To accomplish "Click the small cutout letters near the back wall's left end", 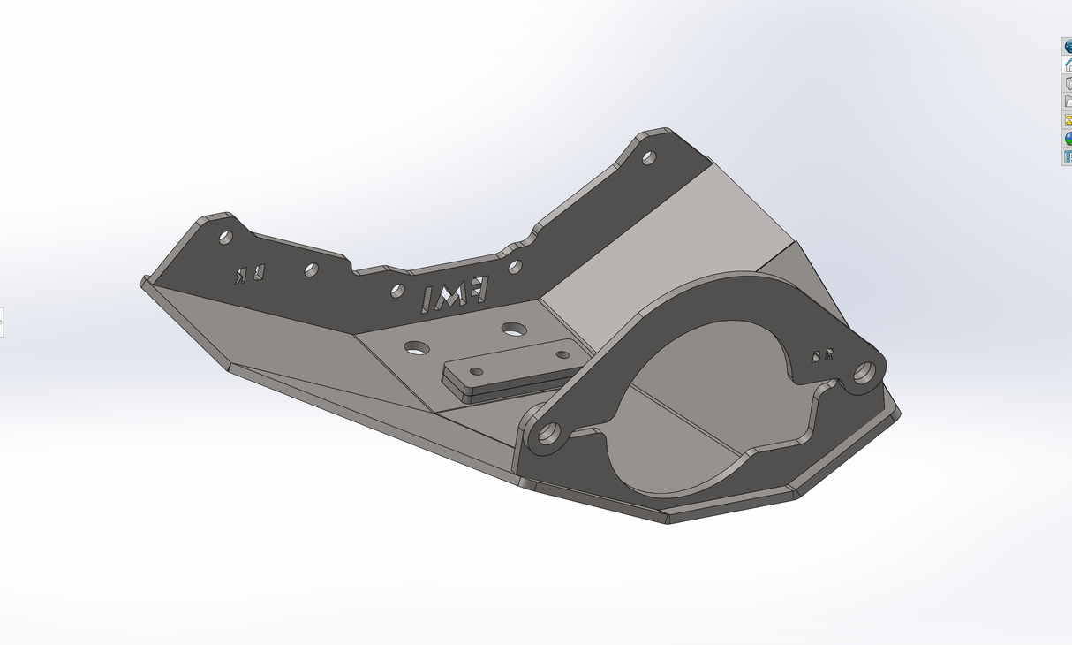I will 249,274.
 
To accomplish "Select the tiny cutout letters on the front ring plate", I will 822,356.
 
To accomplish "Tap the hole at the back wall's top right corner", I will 648,158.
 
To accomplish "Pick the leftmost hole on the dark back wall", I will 225,237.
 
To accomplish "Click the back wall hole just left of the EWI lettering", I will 397,291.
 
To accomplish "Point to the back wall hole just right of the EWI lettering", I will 515,266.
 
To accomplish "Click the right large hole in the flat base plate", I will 514,329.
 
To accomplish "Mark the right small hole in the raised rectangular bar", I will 562,354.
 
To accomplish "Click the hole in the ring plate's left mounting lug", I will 548,434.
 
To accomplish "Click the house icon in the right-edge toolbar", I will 1067,64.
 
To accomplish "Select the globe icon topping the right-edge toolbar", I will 1067,46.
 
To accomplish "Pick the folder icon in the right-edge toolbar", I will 1067,102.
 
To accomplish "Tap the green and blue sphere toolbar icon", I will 1067,139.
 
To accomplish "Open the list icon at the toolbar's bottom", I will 1067,157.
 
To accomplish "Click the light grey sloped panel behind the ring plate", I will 671,239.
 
